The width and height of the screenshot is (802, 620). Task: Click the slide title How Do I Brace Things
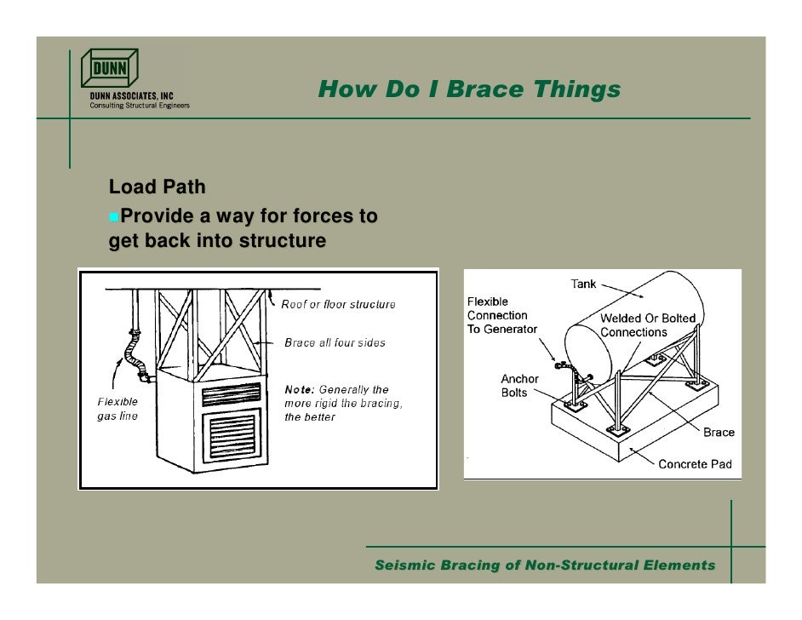[x=469, y=89]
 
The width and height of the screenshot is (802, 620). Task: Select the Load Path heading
[x=157, y=186]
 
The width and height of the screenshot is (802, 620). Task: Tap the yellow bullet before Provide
[x=114, y=218]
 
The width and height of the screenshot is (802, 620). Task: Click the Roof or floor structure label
[x=339, y=304]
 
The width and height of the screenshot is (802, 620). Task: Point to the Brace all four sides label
[x=335, y=342]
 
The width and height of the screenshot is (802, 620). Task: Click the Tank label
[x=583, y=284]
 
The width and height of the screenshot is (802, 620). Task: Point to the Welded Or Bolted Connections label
[x=648, y=325]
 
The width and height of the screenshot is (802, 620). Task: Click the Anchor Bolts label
[x=519, y=386]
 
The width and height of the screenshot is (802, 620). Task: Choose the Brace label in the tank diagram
[x=719, y=432]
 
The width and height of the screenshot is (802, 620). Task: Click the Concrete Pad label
[x=695, y=464]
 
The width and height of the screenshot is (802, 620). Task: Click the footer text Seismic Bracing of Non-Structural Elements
[x=545, y=565]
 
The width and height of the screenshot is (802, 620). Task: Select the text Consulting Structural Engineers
[x=140, y=106]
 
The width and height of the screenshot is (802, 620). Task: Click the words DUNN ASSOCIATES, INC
[x=132, y=96]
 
